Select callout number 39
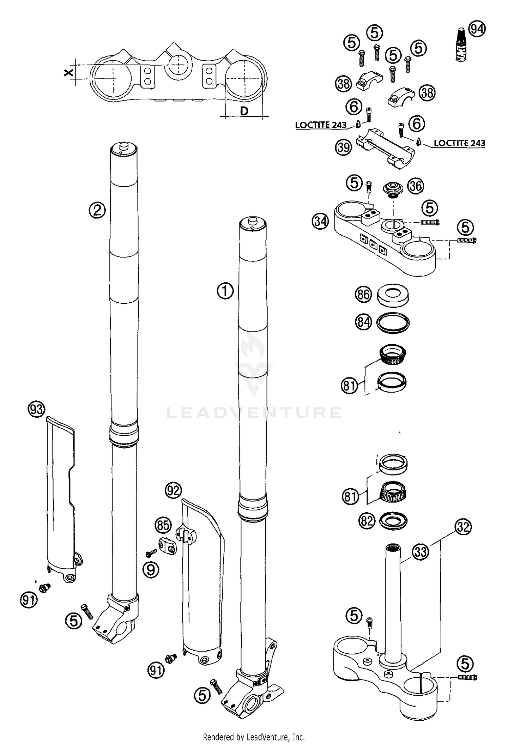[343, 148]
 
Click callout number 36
[416, 186]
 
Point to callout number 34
[320, 222]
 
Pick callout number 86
[363, 294]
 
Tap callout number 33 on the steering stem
[421, 552]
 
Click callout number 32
[463, 527]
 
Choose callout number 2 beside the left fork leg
[97, 210]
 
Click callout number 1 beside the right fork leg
[225, 291]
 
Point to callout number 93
[36, 410]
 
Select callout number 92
[173, 490]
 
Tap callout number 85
[163, 525]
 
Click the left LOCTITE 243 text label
[321, 125]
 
